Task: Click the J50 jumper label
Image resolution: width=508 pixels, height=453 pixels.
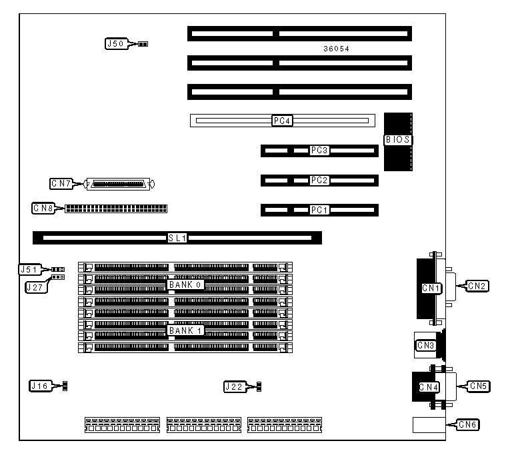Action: click(115, 44)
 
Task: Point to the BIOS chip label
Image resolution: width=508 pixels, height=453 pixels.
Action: click(398, 140)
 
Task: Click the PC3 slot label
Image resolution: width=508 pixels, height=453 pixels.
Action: click(320, 151)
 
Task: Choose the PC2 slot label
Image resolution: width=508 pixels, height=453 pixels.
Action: click(320, 180)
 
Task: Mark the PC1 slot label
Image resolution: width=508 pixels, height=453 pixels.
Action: click(320, 210)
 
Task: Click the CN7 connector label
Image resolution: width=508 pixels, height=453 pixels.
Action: click(61, 183)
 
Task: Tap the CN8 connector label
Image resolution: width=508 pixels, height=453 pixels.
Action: click(43, 208)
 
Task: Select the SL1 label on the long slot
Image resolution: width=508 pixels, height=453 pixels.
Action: click(177, 237)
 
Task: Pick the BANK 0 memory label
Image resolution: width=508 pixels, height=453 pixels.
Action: click(185, 284)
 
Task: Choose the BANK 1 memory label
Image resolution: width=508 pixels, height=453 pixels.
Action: click(185, 330)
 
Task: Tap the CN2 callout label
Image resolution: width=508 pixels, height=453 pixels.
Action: click(477, 286)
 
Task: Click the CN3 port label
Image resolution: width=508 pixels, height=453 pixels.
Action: click(425, 345)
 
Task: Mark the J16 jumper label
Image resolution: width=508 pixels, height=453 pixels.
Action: click(39, 385)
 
